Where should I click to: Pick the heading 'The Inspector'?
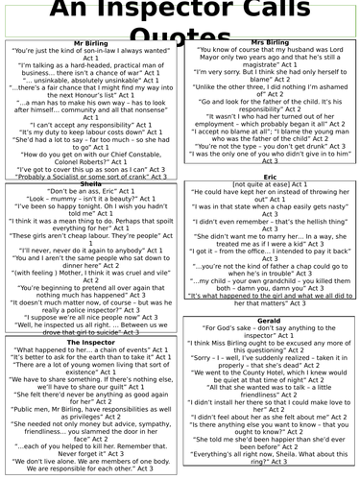[x=90, y=342]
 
